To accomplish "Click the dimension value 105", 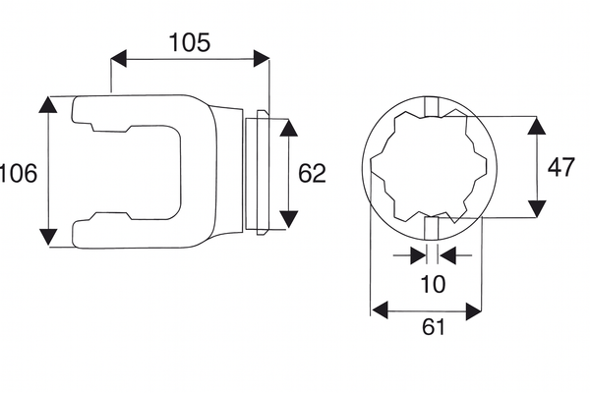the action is coord(190,42).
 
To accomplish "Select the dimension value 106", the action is coord(18,173).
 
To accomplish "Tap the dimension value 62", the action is coord(312,174).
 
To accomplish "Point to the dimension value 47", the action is coord(561,167).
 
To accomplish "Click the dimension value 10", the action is coord(433,284).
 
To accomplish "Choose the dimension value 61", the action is coord(433,326).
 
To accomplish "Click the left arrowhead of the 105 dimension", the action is coord(119,58).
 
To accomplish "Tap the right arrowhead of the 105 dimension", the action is coord(262,58).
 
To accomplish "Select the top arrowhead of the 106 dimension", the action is coord(48,104).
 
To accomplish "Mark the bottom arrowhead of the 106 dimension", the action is coord(48,237).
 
